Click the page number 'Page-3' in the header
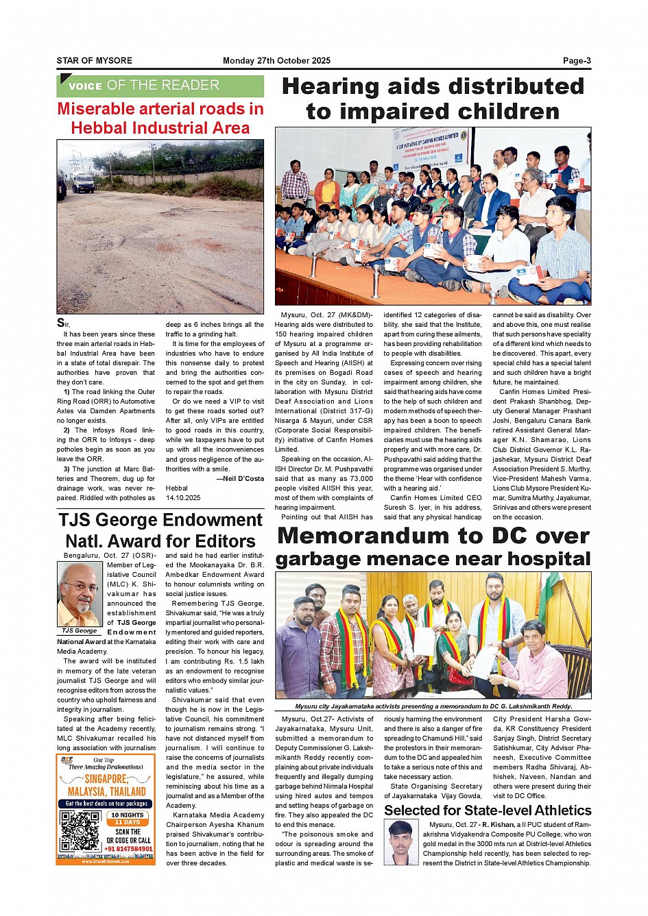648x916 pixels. click(576, 61)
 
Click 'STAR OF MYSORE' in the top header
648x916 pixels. click(95, 61)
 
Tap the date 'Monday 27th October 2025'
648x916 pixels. click(276, 61)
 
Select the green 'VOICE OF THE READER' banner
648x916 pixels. click(160, 86)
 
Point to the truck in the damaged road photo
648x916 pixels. click(83, 182)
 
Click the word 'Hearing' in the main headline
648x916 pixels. click(330, 87)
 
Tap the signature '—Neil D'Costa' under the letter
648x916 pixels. click(239, 478)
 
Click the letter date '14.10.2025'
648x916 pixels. click(183, 497)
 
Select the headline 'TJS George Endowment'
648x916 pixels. click(160, 520)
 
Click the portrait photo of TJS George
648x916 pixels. click(80, 594)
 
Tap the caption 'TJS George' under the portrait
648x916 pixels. click(80, 630)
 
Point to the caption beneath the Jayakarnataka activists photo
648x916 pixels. click(433, 706)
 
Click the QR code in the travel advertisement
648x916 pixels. click(80, 831)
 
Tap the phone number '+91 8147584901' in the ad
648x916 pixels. click(128, 849)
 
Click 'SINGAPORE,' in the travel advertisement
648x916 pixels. click(106, 780)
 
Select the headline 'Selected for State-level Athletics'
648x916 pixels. click(487, 810)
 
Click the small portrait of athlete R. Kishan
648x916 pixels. click(403, 843)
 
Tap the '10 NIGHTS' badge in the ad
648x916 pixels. click(128, 815)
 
